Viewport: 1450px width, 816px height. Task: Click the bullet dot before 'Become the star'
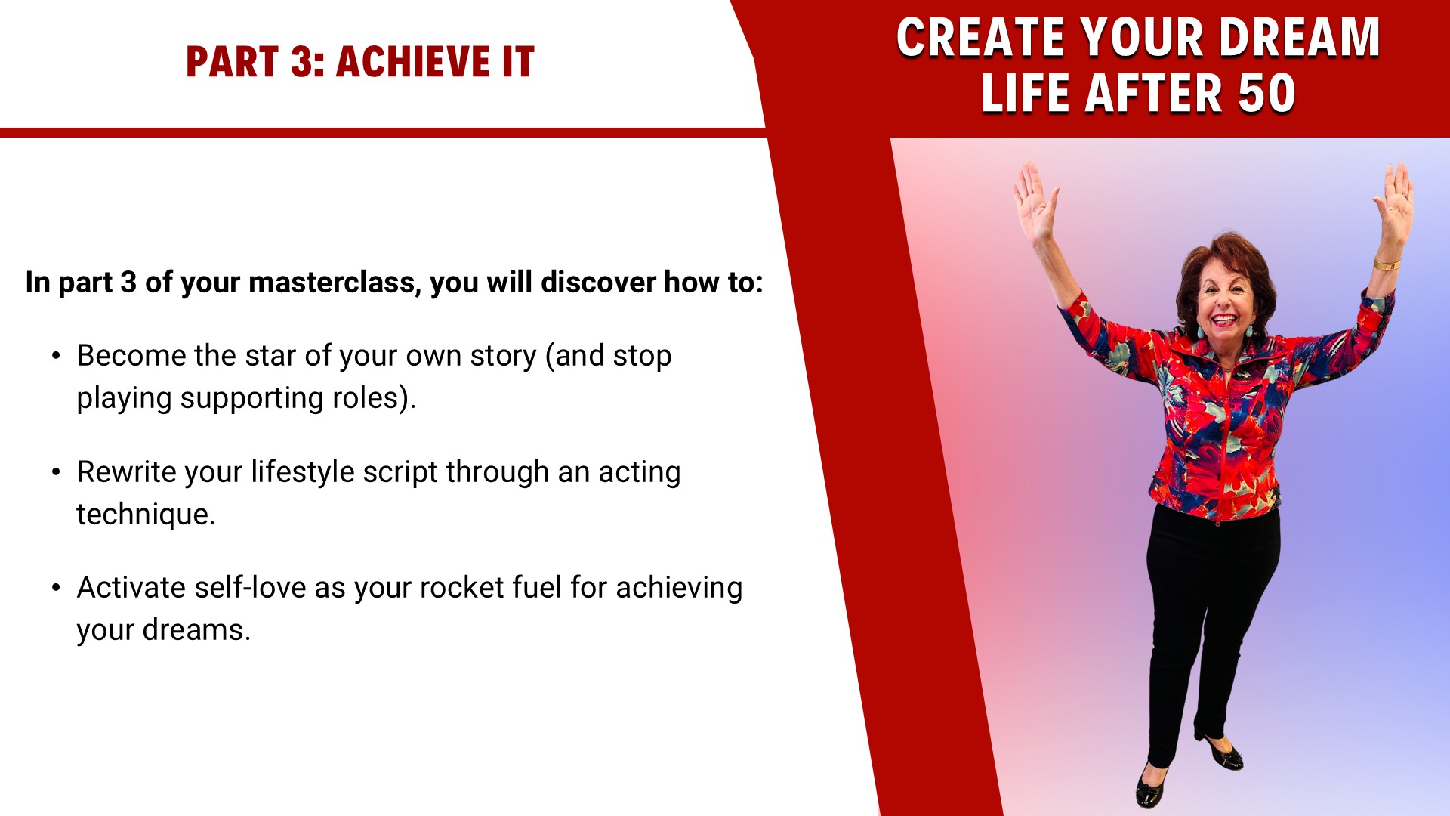[56, 355]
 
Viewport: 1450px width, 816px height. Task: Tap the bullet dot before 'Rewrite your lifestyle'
[56, 471]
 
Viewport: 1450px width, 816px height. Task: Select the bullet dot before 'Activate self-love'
[56, 587]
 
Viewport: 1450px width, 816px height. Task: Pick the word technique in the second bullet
[146, 514]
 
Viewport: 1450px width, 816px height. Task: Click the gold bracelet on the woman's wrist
[1387, 264]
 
